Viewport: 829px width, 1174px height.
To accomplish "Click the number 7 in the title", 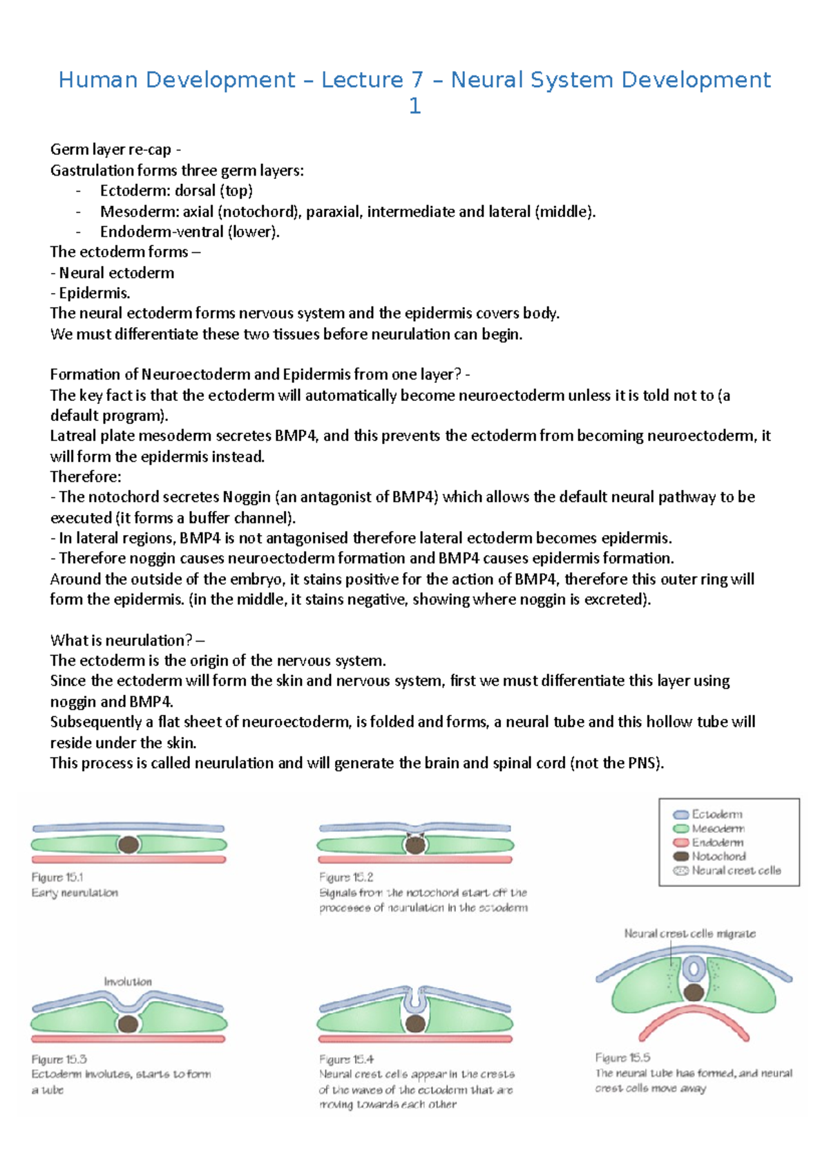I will click(x=417, y=80).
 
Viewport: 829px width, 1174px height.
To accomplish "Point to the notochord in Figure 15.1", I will click(x=128, y=844).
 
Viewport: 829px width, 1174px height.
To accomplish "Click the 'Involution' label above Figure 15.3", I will click(x=128, y=981).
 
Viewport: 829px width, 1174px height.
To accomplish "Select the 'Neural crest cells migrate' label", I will click(x=689, y=933).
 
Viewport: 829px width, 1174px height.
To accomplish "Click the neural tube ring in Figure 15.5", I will click(x=693, y=969).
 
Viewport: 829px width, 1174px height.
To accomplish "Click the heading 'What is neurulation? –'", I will click(x=127, y=640).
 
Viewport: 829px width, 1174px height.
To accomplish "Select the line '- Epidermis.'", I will click(x=90, y=293).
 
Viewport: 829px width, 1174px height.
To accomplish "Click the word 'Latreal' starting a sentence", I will click(x=72, y=436).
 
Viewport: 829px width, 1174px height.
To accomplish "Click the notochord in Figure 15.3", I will click(x=128, y=1024).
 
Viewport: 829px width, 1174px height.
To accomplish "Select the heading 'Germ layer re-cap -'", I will click(x=115, y=149).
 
